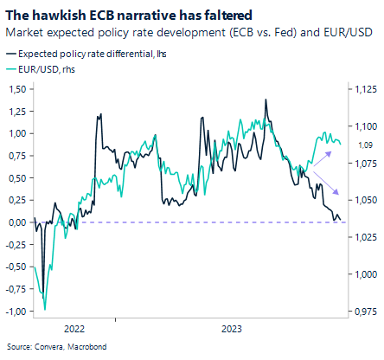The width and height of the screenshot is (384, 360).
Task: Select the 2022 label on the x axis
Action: coord(74,330)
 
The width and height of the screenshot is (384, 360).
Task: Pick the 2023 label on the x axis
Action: coord(232,330)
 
